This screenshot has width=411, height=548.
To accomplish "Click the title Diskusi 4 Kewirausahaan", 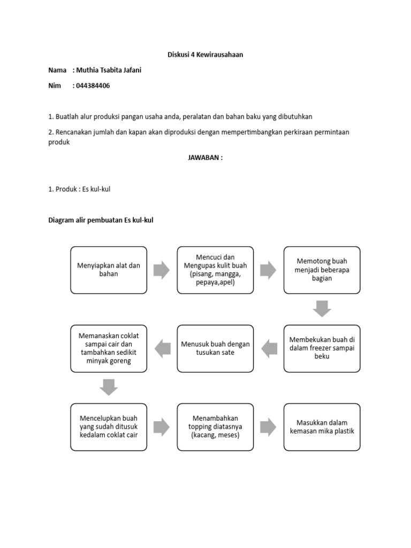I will (x=205, y=55).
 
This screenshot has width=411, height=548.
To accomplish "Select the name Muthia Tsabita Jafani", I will (x=109, y=70).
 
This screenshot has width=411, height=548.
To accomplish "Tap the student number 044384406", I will (x=93, y=86).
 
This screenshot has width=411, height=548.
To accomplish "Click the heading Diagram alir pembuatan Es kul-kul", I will (x=101, y=220).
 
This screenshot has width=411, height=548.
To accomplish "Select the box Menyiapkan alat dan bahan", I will (x=109, y=270).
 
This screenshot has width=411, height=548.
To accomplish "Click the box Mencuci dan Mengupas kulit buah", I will (x=215, y=270).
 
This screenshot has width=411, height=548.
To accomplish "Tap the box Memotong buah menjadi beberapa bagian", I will (x=322, y=270).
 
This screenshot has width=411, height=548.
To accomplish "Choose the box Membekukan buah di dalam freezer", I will (x=322, y=348).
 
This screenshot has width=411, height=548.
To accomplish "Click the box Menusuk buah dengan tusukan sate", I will (x=215, y=348).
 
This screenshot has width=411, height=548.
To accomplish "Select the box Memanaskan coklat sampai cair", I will (x=109, y=348).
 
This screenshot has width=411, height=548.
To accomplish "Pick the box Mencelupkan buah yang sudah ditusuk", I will (x=109, y=427).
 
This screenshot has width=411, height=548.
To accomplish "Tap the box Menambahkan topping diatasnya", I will (x=215, y=427).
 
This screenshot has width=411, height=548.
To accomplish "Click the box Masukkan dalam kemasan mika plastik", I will (x=322, y=427).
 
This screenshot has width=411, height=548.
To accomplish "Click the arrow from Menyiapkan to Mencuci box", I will (x=162, y=270).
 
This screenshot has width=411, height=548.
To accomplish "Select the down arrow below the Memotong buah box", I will (x=322, y=309).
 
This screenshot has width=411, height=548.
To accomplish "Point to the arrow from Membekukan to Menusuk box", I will (x=269, y=349).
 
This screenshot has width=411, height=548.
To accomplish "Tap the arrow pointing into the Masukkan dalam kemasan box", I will (x=269, y=427).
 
